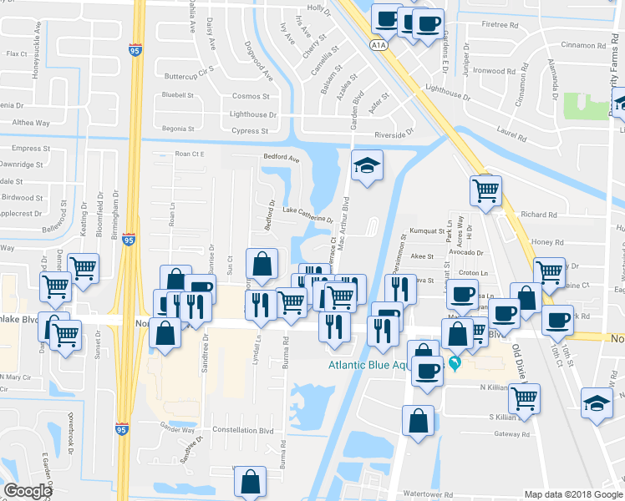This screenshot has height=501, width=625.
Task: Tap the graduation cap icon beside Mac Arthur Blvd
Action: point(366,166)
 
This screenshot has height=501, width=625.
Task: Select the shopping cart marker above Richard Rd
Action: point(485,190)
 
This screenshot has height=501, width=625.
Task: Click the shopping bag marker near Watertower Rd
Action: point(250,482)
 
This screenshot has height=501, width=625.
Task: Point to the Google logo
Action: point(28,491)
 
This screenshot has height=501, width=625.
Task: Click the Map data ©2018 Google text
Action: point(572,494)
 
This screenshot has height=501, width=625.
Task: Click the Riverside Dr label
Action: point(394,134)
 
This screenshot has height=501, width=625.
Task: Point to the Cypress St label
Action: point(250,131)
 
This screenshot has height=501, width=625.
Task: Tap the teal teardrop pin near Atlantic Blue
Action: point(455,363)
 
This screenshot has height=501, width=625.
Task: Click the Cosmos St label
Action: point(251,96)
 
